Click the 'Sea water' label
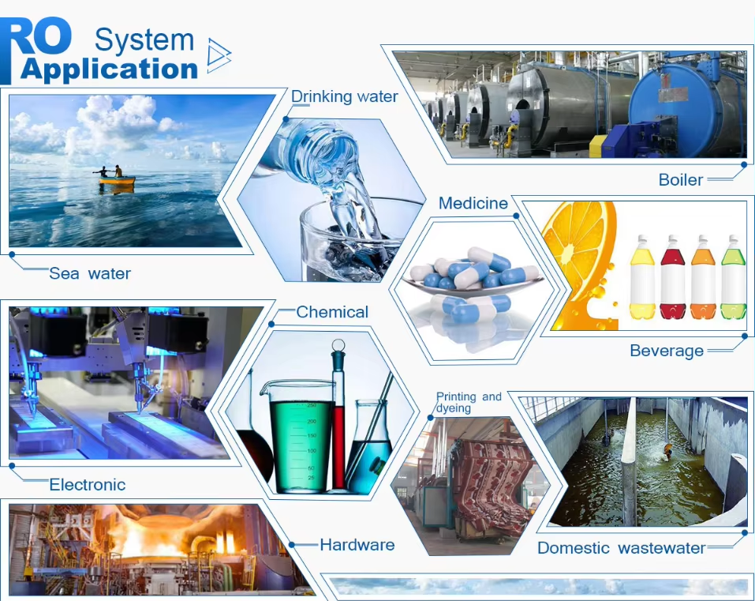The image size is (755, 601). pos(90,273)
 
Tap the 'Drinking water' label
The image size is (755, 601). pos(345,96)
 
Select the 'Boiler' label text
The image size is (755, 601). pos(681,180)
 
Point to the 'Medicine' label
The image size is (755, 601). pos(473,203)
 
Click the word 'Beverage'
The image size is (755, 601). pos(667,351)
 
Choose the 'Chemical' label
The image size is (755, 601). pos(332,312)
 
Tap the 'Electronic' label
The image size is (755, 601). pos(87,484)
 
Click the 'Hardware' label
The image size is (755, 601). pos(357,545)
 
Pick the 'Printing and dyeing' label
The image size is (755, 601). pos(469,402)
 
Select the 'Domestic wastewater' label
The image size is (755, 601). pos(622,547)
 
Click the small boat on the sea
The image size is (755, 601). pos(117,180)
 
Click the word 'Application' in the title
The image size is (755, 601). pos(110,69)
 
